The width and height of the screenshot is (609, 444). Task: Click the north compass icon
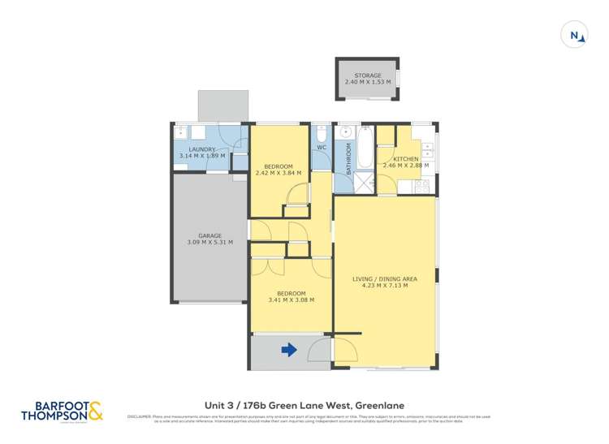(575, 35)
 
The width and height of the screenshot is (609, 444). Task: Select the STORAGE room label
(367, 75)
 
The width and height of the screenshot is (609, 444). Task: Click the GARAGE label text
(209, 235)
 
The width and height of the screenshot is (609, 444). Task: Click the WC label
(321, 148)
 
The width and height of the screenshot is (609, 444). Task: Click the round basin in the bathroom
(345, 131)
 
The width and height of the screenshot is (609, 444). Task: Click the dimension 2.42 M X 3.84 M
(279, 173)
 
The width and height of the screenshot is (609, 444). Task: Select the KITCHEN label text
(406, 158)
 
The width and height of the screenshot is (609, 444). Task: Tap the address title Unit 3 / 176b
(304, 404)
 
